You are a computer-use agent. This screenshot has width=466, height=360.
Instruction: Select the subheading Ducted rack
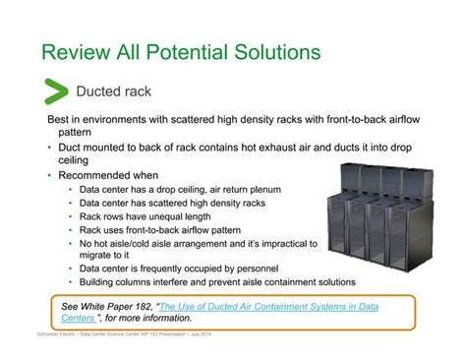coord(114,92)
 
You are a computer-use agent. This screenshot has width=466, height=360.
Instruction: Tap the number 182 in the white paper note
coord(142,307)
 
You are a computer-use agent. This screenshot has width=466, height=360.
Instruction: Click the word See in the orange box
coord(72,307)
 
